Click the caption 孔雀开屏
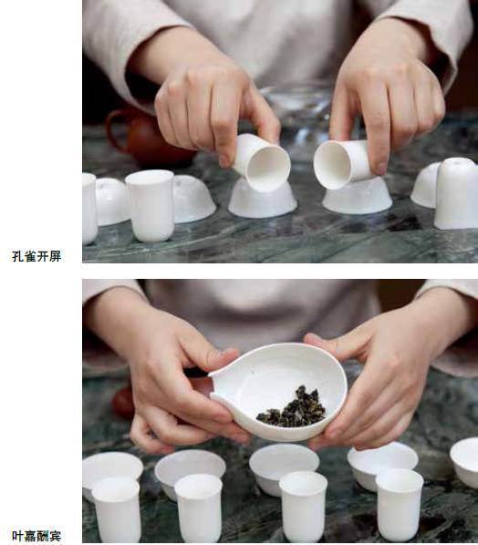click(x=36, y=256)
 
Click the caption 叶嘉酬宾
click(x=36, y=536)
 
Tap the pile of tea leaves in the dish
click(x=292, y=407)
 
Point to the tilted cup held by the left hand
click(x=262, y=162)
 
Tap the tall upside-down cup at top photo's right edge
click(x=456, y=193)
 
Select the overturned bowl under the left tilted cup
click(x=263, y=200)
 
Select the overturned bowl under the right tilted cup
click(x=358, y=196)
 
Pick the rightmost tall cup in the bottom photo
click(x=400, y=503)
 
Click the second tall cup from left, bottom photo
click(x=199, y=509)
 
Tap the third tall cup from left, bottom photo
click(x=304, y=506)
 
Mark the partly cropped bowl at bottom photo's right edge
click(x=465, y=461)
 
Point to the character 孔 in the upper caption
click(x=17, y=256)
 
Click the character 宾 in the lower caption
click(x=56, y=536)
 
